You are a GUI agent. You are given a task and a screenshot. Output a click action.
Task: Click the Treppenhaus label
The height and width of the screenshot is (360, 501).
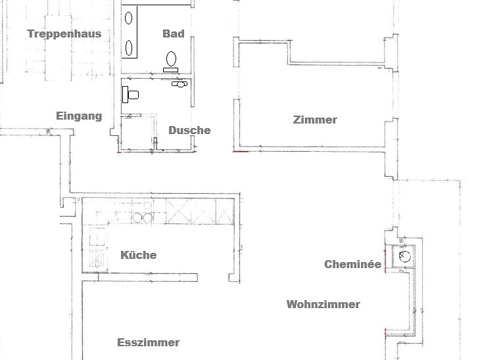(x=64, y=34)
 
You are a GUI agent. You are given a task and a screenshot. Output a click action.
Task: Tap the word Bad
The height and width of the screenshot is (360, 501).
(x=174, y=34)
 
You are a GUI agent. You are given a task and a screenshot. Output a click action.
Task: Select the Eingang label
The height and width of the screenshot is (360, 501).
(x=79, y=116)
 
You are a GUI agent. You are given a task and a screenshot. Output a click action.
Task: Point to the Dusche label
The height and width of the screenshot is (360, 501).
(x=189, y=130)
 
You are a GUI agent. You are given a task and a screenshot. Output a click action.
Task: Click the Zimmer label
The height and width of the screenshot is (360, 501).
(x=315, y=120)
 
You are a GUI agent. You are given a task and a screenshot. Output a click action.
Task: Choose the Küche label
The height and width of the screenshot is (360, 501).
(x=139, y=255)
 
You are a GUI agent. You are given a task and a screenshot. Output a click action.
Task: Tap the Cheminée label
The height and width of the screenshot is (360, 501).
(x=352, y=265)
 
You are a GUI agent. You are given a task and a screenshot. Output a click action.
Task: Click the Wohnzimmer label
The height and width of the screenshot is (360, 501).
(x=323, y=304)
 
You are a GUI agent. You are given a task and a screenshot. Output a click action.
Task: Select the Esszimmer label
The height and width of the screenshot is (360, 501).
(x=148, y=342)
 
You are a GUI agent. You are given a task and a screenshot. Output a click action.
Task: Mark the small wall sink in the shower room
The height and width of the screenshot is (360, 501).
(x=179, y=84)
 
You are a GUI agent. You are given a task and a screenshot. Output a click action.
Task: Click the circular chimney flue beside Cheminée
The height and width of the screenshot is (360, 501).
(x=405, y=256)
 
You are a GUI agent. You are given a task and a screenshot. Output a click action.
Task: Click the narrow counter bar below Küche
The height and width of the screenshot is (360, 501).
(x=139, y=277)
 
